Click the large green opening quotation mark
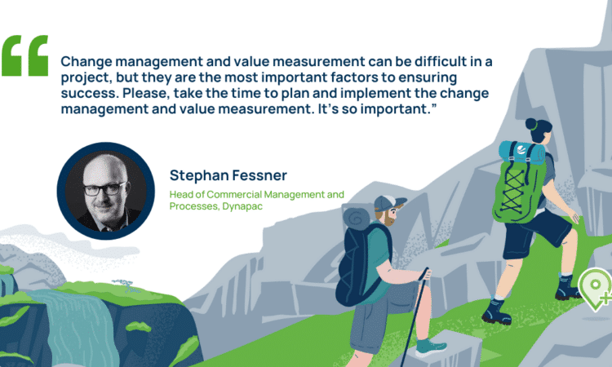[24, 55]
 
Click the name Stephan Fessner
[228, 175]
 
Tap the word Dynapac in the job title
[242, 206]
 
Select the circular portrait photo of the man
[106, 191]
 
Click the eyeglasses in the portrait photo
[104, 188]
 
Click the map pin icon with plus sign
[596, 289]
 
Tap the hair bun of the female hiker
[531, 124]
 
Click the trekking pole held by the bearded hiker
[414, 315]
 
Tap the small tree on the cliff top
[125, 285]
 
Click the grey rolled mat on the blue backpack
[356, 219]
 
